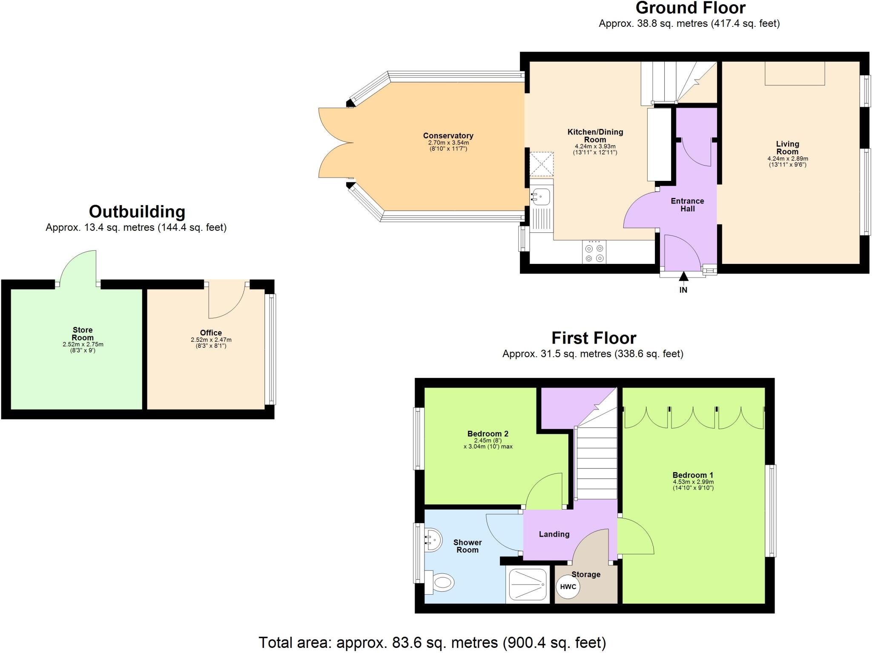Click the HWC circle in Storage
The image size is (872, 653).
pyautogui.click(x=568, y=587)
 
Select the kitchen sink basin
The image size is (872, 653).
pyautogui.click(x=540, y=197)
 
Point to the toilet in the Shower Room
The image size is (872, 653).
pyautogui.click(x=441, y=581)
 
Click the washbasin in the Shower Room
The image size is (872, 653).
pyautogui.click(x=433, y=540)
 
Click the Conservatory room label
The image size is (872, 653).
pyautogui.click(x=448, y=136)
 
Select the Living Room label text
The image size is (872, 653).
pyautogui.click(x=787, y=148)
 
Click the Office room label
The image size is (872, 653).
pyautogui.click(x=211, y=333)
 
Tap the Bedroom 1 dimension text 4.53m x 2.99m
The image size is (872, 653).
pyautogui.click(x=693, y=482)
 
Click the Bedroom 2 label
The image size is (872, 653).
pyautogui.click(x=488, y=434)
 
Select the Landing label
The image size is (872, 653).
pyautogui.click(x=554, y=534)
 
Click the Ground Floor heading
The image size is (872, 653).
pyautogui.click(x=690, y=8)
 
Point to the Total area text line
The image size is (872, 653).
pyautogui.click(x=432, y=642)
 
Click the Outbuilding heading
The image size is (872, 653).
pyautogui.click(x=137, y=212)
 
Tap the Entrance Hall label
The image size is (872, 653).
pyautogui.click(x=687, y=205)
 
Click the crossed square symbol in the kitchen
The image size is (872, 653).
pyautogui.click(x=541, y=164)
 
